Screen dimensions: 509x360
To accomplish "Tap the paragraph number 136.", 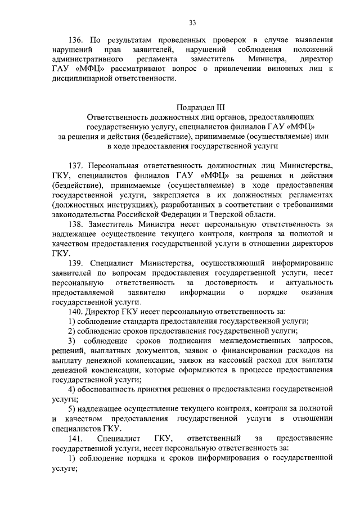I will (x=76, y=40).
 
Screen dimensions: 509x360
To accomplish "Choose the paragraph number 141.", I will (x=76, y=438).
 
